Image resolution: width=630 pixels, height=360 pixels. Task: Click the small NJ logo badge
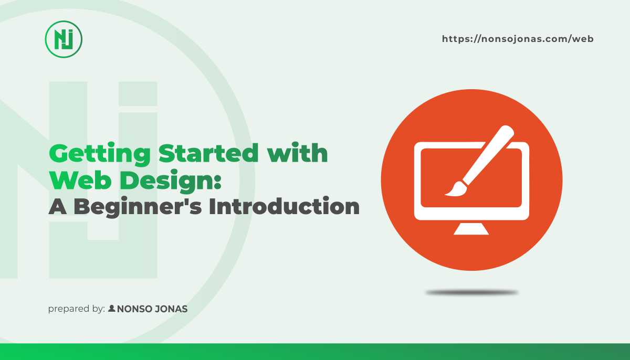pyautogui.click(x=64, y=39)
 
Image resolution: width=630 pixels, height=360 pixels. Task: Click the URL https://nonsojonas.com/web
pyautogui.click(x=518, y=39)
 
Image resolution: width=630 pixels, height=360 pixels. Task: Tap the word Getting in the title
pyautogui.click(x=100, y=154)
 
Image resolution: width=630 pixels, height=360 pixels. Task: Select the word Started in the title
pyautogui.click(x=208, y=153)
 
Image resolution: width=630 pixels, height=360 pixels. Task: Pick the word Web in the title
pyautogui.click(x=80, y=180)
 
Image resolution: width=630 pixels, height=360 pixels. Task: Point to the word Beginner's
pyautogui.click(x=138, y=207)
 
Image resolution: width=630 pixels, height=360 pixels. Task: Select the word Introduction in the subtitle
pyautogui.click(x=284, y=206)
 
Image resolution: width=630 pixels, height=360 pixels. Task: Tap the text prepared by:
pyautogui.click(x=77, y=309)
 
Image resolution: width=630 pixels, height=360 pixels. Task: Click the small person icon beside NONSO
pyautogui.click(x=112, y=308)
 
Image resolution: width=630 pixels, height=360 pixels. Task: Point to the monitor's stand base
pyautogui.click(x=471, y=229)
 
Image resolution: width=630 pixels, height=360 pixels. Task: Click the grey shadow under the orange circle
pyautogui.click(x=471, y=292)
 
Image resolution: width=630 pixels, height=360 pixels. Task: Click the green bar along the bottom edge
pyautogui.click(x=315, y=352)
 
